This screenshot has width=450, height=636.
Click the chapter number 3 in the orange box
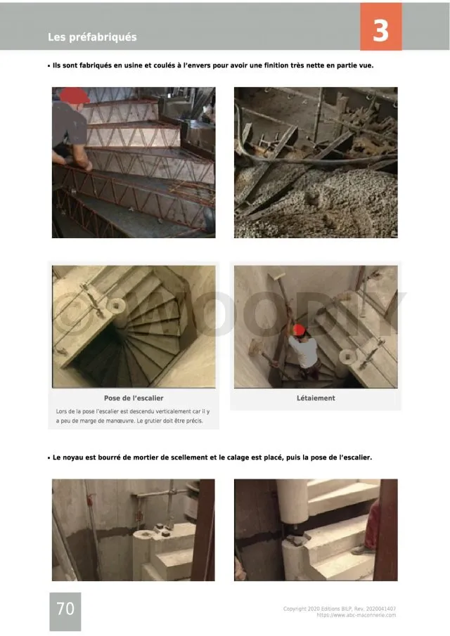pos(380,30)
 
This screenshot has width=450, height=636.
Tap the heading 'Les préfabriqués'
pos(92,37)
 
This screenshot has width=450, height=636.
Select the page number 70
pos(65,609)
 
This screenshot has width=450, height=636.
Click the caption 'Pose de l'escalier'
pos(134,398)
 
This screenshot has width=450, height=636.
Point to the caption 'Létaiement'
pos(316,398)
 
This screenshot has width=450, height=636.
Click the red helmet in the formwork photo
pos(75,96)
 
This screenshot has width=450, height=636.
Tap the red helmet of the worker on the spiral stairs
pos(299,330)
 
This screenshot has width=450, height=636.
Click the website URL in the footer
pos(356,616)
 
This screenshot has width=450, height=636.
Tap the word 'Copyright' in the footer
pos(295,609)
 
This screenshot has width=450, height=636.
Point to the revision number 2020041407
pos(380,609)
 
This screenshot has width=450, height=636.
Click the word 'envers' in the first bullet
pos(199,65)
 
